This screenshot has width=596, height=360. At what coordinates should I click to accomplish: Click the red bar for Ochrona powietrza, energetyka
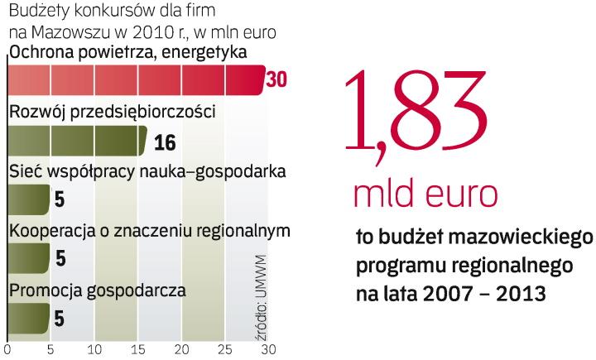coord(132,79)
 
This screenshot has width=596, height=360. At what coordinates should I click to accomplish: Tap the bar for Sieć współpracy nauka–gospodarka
coord(28,199)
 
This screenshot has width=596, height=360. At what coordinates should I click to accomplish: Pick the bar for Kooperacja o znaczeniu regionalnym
coord(28,258)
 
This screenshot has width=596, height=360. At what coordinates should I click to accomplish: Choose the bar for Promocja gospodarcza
coord(28,317)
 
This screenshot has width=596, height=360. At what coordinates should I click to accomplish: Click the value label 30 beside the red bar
coord(276,80)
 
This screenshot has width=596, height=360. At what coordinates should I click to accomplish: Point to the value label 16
coord(165,142)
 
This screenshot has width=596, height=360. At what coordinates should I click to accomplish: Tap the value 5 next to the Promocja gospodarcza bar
coord(60,318)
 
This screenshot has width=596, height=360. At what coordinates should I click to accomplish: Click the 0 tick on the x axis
coord(7,349)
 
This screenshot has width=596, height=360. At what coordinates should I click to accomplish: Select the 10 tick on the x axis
coord(94,349)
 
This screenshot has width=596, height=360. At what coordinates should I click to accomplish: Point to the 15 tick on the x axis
coord(137,349)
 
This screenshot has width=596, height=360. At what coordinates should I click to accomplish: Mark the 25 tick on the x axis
coord(224,349)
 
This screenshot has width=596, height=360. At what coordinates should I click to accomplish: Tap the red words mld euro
coord(425,194)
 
